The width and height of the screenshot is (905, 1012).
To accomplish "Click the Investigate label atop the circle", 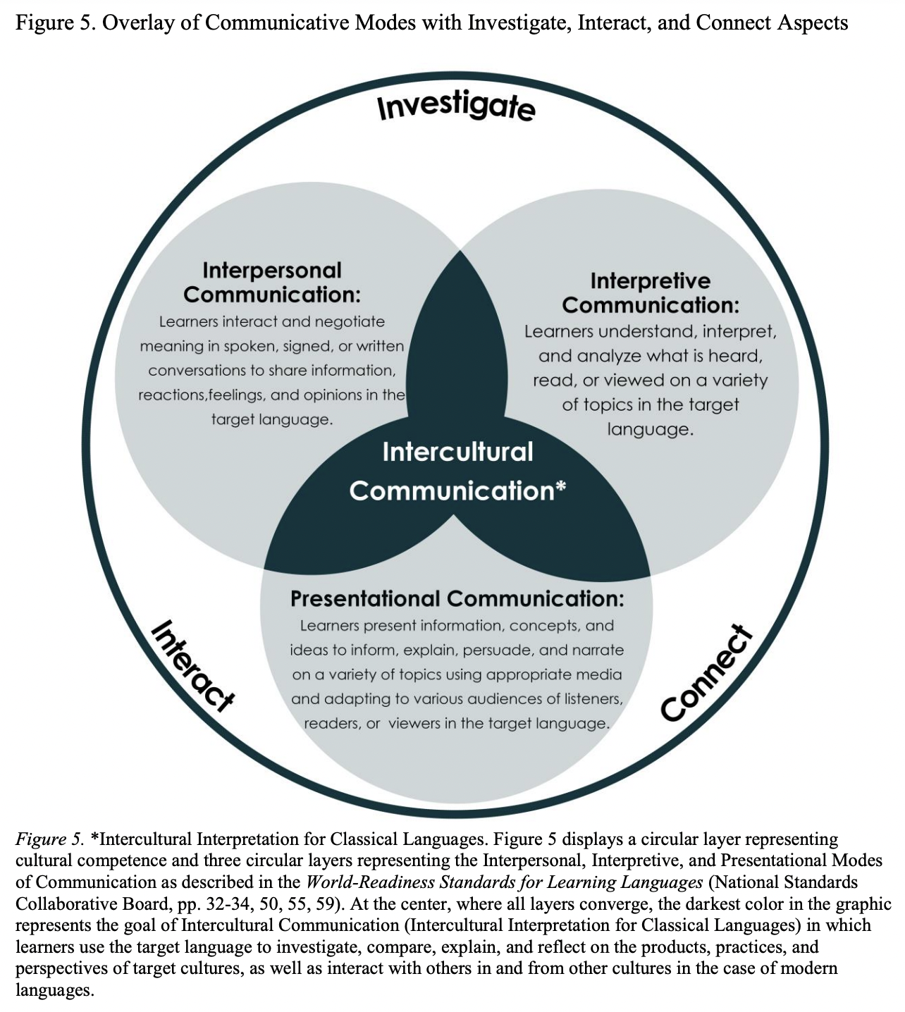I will click(456, 106).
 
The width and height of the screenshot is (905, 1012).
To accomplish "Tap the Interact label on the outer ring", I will click(192, 665).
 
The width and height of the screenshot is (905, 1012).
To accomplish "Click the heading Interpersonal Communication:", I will click(271, 282).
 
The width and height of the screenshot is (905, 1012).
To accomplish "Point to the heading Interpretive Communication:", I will click(650, 292).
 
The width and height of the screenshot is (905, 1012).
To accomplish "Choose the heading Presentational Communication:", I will click(457, 599).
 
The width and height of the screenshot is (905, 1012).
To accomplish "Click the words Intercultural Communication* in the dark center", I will click(457, 471).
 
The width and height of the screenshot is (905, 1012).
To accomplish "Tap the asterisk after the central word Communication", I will click(561, 488).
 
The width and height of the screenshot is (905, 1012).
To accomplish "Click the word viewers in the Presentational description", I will click(414, 724).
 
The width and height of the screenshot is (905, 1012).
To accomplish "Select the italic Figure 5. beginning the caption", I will click(49, 839).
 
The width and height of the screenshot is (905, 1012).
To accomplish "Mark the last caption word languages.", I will click(54, 990).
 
